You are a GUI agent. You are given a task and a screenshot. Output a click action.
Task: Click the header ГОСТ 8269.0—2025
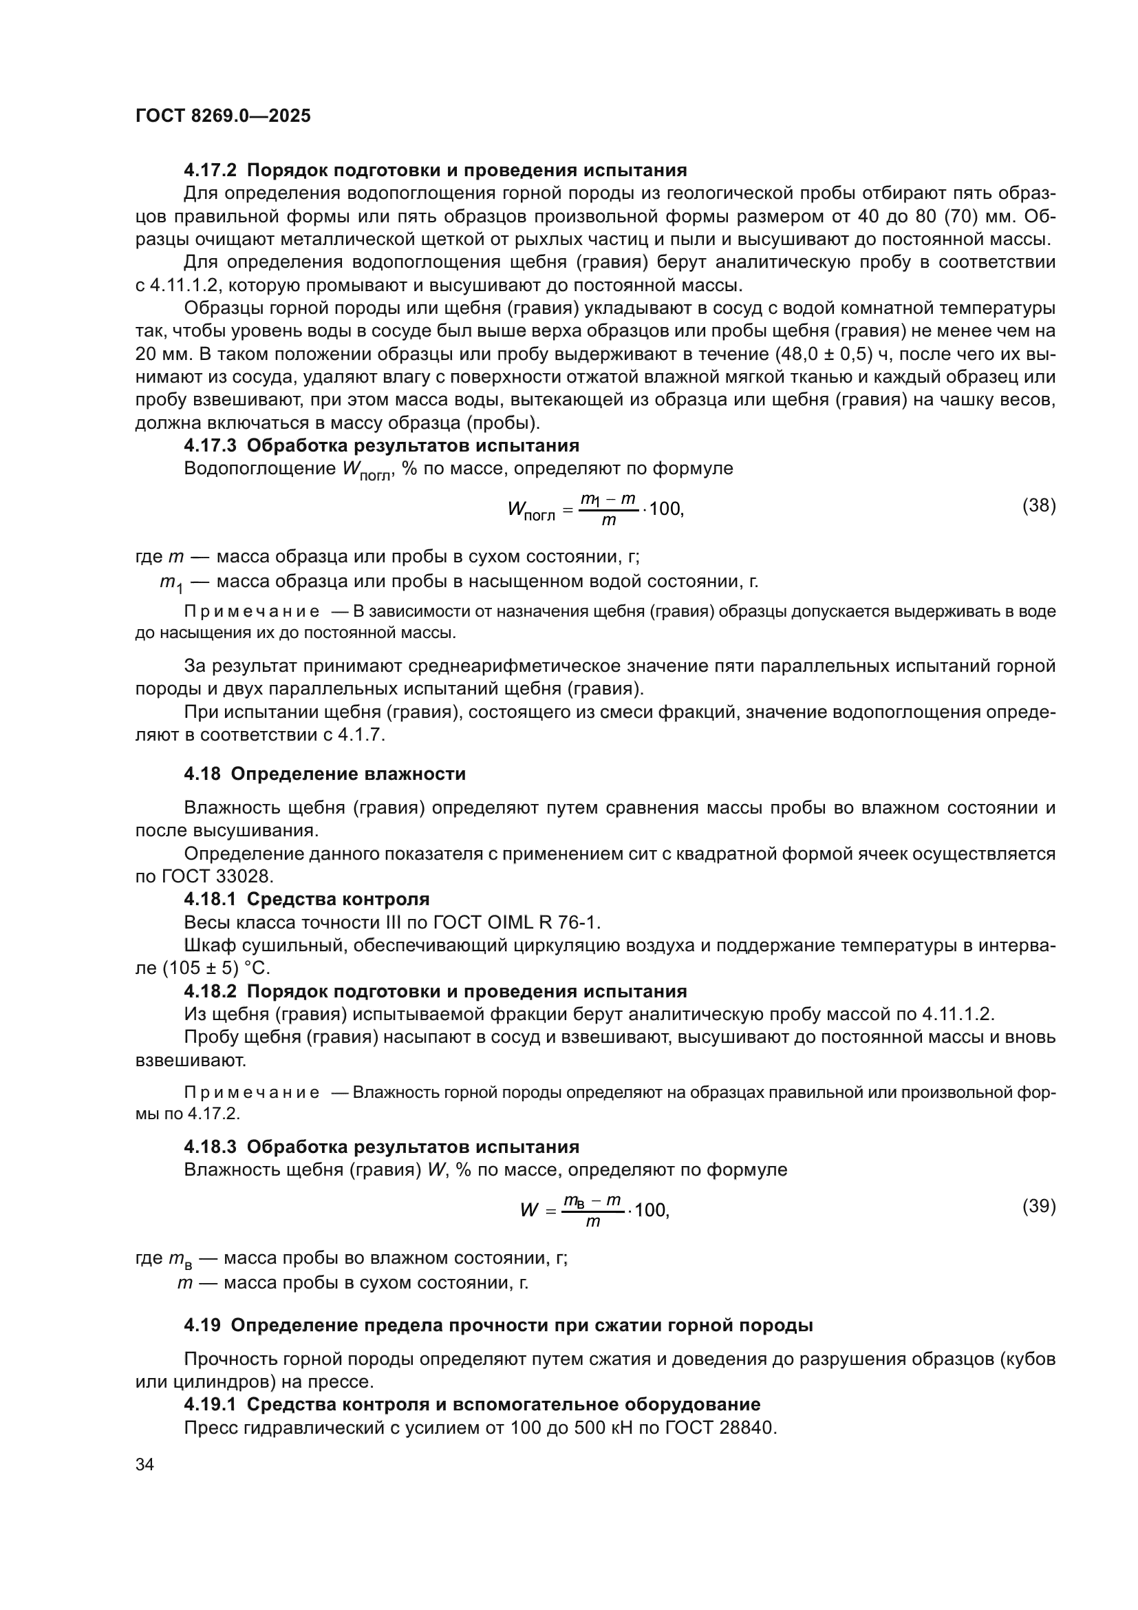(223, 116)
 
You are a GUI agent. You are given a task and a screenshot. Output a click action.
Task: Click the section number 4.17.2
(211, 171)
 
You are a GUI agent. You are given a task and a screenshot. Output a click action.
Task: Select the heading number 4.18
(202, 774)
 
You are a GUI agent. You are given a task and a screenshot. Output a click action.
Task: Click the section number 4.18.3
(211, 1147)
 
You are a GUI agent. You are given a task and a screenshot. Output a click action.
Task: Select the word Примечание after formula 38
(252, 611)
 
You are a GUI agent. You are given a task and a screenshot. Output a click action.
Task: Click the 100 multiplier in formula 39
(651, 1211)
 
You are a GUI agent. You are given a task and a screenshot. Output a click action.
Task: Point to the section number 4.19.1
(211, 1405)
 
